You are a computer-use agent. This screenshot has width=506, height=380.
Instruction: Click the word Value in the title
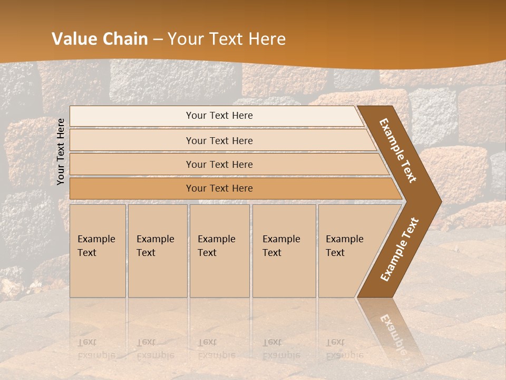tap(74, 39)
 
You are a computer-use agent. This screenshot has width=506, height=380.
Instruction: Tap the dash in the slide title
tap(158, 40)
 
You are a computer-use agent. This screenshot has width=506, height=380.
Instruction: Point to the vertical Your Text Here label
tap(61, 151)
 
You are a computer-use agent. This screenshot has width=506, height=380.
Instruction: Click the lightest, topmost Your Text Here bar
tap(219, 116)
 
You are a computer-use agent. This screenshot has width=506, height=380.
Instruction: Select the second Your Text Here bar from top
tap(219, 140)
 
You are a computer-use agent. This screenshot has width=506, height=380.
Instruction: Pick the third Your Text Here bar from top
tap(219, 165)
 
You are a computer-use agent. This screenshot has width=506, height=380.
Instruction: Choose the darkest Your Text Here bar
tap(219, 188)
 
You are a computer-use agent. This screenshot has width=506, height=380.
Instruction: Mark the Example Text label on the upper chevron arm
tap(398, 150)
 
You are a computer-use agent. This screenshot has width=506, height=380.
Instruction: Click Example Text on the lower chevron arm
tap(400, 249)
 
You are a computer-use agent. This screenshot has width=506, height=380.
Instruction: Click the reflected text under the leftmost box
tap(96, 349)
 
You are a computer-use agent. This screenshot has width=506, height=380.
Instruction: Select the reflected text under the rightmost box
tap(345, 349)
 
